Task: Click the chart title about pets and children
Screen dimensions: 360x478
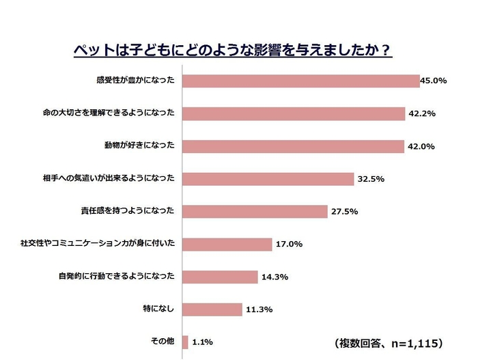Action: coord(233,51)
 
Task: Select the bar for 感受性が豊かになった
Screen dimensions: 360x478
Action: coord(300,81)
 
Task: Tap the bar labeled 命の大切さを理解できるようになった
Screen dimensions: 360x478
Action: coord(294,113)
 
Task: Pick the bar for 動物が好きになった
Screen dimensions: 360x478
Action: coord(293,146)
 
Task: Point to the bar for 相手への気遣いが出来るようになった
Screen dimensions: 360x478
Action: coord(268,178)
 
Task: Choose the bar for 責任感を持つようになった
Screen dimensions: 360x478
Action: coord(255,211)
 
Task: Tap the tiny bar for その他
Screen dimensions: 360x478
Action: coord(185,342)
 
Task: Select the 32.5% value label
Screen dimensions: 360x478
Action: coord(371,179)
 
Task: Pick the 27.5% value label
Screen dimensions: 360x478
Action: coord(344,212)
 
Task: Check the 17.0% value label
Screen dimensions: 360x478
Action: coord(288,244)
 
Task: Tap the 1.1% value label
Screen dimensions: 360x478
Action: coord(203,342)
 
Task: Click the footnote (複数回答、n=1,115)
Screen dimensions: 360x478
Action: coord(390,342)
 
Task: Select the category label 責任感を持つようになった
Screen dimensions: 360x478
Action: coord(127,211)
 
